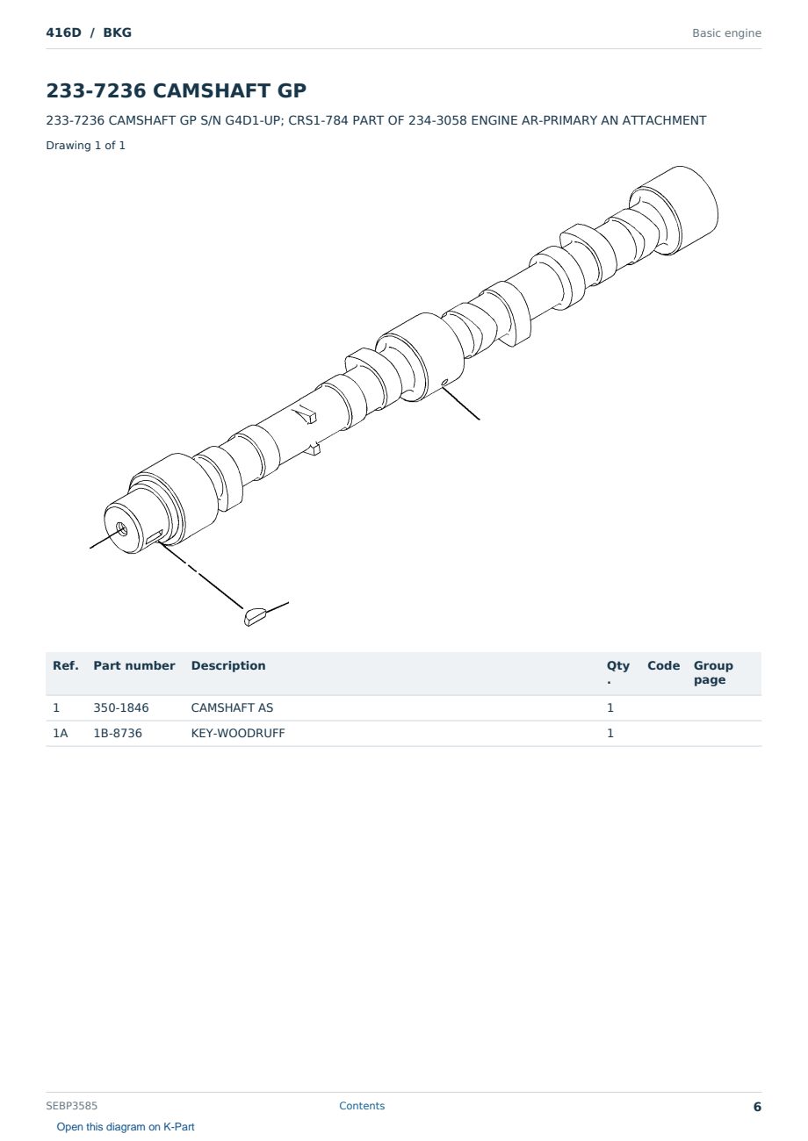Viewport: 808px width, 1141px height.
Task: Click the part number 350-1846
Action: pos(121,707)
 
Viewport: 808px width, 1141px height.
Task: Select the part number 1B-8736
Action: pos(118,733)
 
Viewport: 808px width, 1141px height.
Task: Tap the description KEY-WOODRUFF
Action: pos(238,733)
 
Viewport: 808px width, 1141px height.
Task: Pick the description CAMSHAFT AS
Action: pos(232,707)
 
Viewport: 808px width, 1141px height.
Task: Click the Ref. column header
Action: pos(66,666)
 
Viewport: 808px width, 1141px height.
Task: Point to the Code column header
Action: pos(663,666)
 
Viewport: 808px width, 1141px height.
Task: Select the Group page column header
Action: pos(713,672)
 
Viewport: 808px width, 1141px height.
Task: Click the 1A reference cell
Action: pos(60,733)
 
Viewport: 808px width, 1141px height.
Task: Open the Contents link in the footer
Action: pos(362,1106)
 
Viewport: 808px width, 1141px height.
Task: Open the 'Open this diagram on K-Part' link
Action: pos(126,1127)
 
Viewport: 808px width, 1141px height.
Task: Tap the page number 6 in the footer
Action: pos(757,1107)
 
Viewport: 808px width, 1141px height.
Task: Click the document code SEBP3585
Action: pos(72,1106)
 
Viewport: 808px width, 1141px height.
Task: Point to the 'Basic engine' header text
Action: pos(726,33)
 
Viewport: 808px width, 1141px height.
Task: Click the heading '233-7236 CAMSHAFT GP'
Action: pos(176,90)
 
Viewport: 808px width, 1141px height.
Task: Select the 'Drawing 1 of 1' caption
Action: pos(86,146)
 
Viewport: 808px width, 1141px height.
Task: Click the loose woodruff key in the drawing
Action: pos(255,616)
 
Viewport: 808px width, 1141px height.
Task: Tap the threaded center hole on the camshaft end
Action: pos(121,529)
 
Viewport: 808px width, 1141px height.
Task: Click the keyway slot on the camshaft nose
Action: pos(155,536)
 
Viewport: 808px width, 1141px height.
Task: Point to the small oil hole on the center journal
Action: pos(445,382)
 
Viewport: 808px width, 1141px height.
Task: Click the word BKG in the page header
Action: pos(118,32)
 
